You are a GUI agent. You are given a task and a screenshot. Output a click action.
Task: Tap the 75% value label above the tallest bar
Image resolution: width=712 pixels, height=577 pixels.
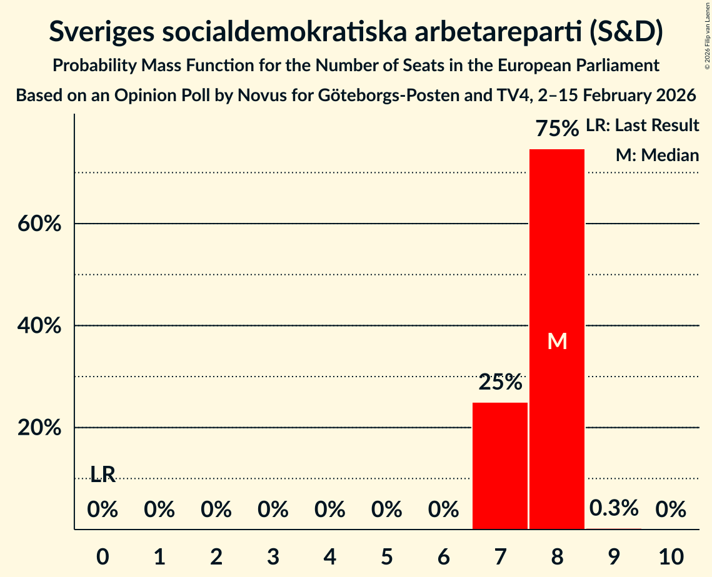[557, 129]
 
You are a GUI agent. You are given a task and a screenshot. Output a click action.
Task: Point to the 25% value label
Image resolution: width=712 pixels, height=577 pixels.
[500, 382]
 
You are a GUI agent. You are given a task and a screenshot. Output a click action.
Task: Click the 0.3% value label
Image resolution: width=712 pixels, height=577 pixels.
[614, 508]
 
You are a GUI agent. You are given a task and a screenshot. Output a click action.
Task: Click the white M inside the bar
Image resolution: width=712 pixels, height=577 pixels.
[556, 341]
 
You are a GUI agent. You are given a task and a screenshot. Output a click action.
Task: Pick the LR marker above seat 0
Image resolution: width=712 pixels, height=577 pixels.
[103, 475]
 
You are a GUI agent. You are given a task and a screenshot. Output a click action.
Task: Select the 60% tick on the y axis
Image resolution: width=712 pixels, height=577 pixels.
[43, 224]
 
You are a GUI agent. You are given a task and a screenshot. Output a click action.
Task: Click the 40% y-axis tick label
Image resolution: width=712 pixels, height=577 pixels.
[43, 325]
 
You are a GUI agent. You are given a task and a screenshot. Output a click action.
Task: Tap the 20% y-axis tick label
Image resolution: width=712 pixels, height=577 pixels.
[43, 428]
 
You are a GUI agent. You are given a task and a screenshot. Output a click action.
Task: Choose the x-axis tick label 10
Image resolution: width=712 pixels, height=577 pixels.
[671, 555]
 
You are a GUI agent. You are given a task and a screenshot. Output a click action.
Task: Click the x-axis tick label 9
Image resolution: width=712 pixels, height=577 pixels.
[614, 555]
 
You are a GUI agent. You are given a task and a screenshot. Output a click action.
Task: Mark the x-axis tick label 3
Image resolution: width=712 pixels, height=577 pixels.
[273, 555]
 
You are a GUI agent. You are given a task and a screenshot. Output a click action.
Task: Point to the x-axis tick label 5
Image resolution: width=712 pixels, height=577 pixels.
[387, 555]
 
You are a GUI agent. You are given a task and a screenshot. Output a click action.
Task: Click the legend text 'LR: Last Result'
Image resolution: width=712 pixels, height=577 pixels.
[643, 126]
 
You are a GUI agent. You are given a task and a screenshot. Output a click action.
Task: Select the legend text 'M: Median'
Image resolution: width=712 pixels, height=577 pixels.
[657, 155]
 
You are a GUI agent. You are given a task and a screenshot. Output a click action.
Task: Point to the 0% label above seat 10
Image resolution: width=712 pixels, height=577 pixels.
[671, 510]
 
